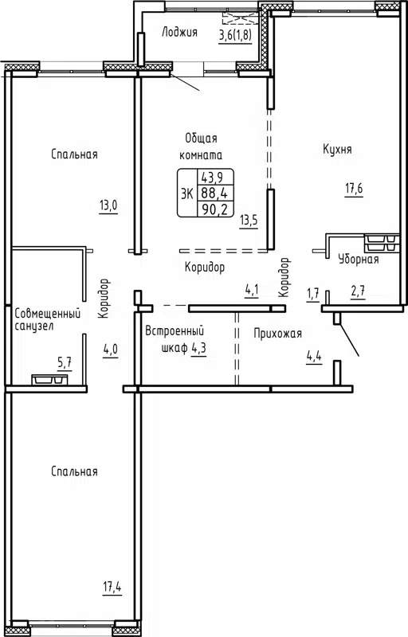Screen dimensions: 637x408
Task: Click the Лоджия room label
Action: (x=178, y=33)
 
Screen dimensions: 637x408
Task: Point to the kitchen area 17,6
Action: (x=354, y=189)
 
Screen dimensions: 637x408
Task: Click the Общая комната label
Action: (x=202, y=146)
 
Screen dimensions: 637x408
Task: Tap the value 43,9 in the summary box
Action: (x=212, y=178)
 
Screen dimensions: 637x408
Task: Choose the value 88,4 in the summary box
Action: (x=212, y=193)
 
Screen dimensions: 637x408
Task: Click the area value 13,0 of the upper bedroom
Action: (x=108, y=205)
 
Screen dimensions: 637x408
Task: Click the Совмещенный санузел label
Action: (x=49, y=319)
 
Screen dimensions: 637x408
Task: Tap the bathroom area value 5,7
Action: (x=64, y=363)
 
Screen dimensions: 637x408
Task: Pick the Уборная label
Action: (x=358, y=259)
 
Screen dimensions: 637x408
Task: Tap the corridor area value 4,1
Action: (x=251, y=290)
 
